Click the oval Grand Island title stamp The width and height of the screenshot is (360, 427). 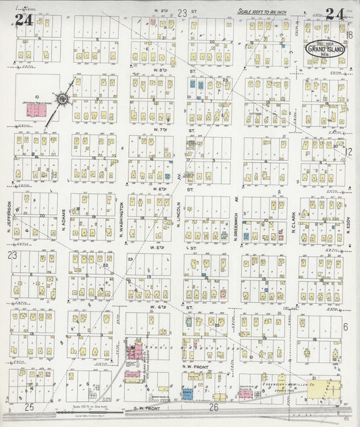(324, 48)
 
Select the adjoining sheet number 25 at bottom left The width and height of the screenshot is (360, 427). (29, 407)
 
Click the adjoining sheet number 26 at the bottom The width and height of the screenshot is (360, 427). (214, 407)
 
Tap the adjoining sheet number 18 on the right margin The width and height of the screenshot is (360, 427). (349, 34)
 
